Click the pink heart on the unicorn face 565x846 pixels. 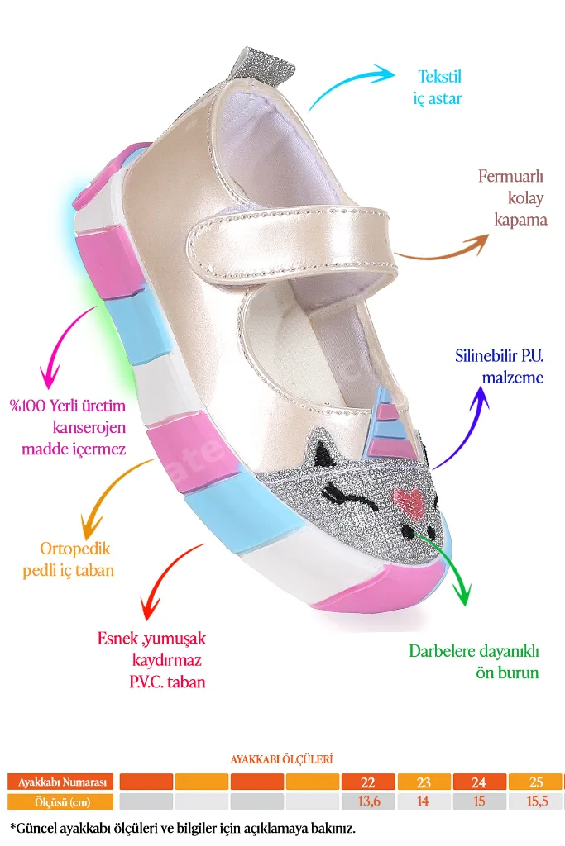tap(409, 501)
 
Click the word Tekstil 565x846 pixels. tap(440, 77)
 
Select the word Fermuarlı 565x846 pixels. tap(510, 176)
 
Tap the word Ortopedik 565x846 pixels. tap(75, 549)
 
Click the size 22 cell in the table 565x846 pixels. tap(368, 782)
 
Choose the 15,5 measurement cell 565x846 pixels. tap(536, 801)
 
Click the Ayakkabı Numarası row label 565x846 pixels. tap(62, 782)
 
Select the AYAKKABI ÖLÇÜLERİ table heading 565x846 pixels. tap(281, 759)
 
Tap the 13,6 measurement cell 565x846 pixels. tap(368, 801)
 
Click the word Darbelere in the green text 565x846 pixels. tap(442, 651)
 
